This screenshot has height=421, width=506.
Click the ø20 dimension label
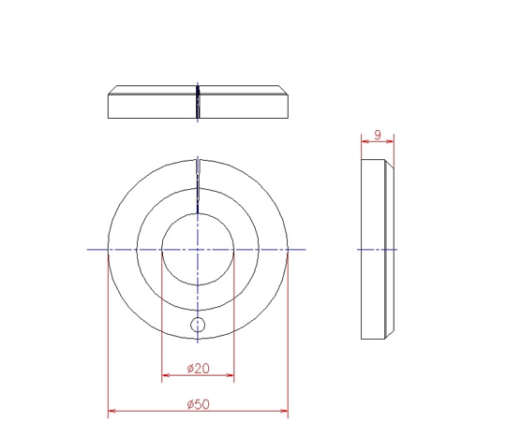[x=198, y=369]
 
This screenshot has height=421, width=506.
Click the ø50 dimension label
[x=198, y=404]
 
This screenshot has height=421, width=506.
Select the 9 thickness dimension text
[x=378, y=135]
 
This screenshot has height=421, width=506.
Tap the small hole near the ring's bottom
[x=198, y=325]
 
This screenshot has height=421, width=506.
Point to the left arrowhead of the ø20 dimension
[x=165, y=375]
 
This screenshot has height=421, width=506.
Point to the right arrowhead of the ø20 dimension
[x=231, y=375]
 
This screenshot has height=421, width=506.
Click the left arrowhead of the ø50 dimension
[x=112, y=411]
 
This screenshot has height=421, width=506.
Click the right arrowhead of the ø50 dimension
[x=284, y=411]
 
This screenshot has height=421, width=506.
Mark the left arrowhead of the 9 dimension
[x=365, y=141]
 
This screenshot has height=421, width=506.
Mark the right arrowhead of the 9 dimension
[x=390, y=141]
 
